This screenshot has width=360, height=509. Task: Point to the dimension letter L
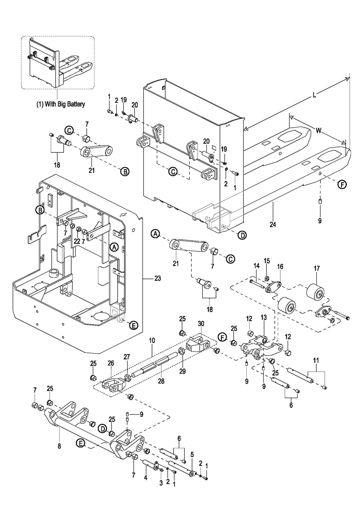click(314, 96)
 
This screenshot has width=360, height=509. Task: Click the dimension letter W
click(318, 130)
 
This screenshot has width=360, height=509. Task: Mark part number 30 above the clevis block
click(201, 323)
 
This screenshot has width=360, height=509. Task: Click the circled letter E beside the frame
click(133, 326)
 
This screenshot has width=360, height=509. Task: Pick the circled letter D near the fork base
click(242, 235)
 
